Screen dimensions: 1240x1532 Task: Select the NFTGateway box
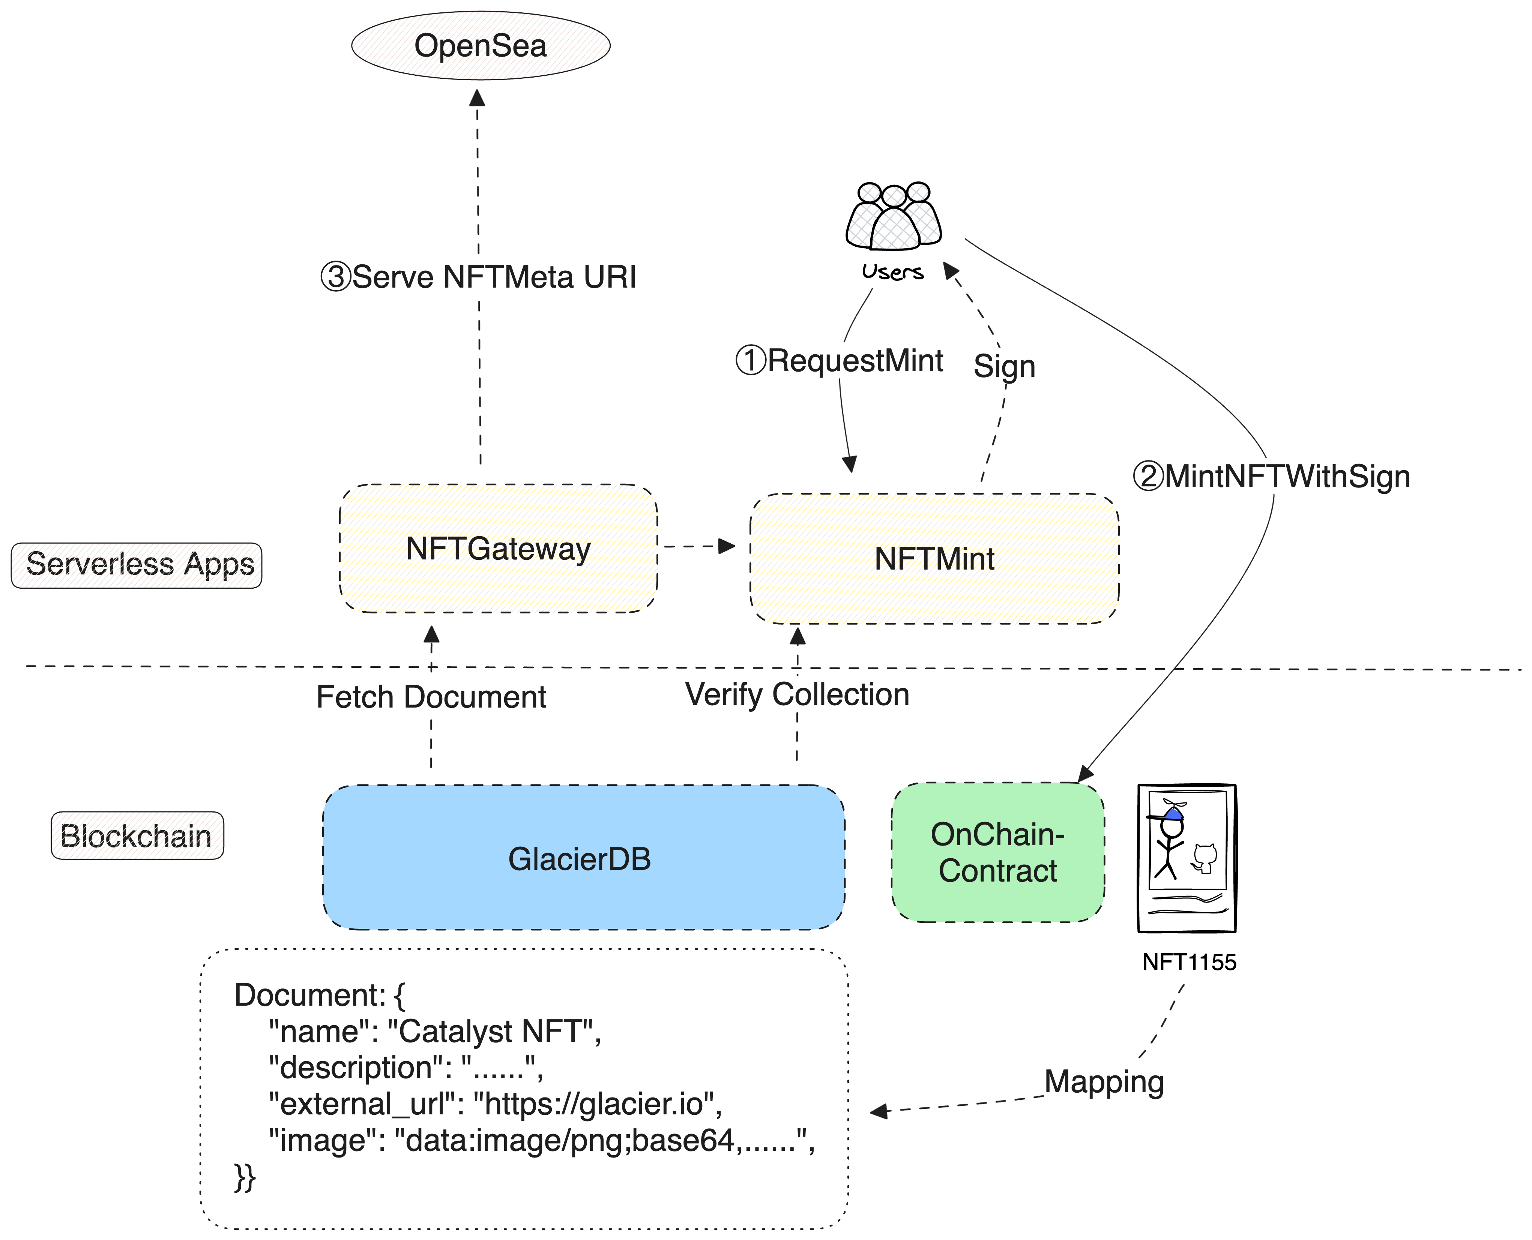[x=498, y=549]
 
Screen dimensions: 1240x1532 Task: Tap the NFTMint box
[x=934, y=559]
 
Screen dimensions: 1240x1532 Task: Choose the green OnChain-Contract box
[x=997, y=853]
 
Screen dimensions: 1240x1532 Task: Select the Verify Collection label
[x=797, y=694]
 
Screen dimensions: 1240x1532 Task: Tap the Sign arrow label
[x=1004, y=366]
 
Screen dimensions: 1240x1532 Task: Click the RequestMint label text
[x=855, y=361]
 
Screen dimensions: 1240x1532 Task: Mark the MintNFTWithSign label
[x=1287, y=477]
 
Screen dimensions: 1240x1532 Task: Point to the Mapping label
[x=1104, y=1081]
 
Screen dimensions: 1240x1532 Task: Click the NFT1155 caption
[x=1189, y=962]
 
